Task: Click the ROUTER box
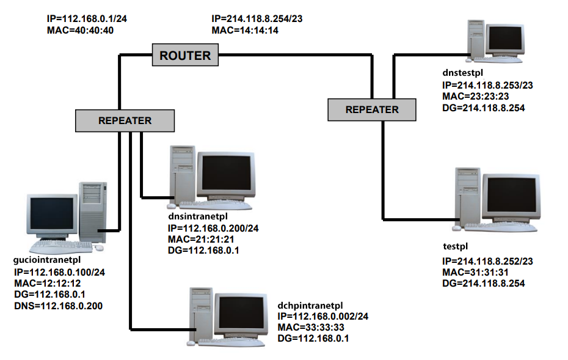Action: coord(185,56)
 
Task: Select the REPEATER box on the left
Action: coord(125,120)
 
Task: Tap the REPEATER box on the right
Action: coord(372,109)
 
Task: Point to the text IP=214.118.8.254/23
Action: coord(257,19)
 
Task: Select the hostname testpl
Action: coord(455,246)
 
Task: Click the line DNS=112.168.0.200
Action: coord(57,305)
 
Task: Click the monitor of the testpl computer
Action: coord(511,199)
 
